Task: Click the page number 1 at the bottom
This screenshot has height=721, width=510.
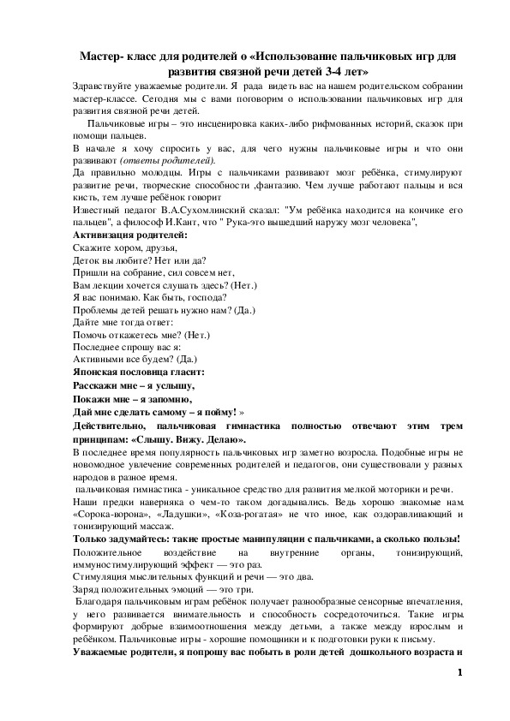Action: click(460, 672)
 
